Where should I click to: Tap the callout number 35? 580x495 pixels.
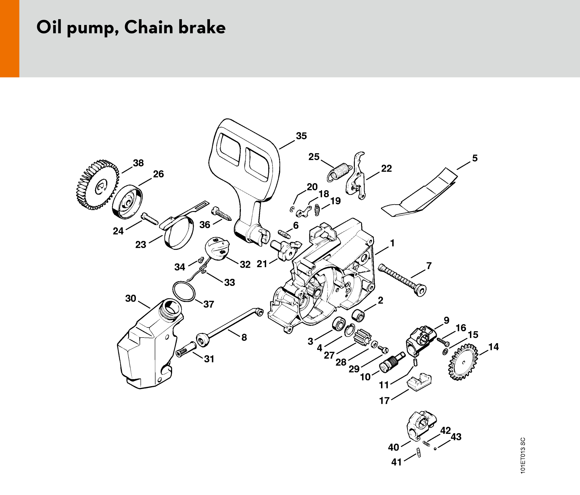pyautogui.click(x=301, y=136)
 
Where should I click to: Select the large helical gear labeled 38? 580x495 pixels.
pyautogui.click(x=97, y=185)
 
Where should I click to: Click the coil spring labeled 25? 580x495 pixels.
pyautogui.click(x=339, y=172)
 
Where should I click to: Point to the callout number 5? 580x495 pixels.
pyautogui.click(x=475, y=158)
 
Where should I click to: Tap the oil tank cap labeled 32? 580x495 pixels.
pyautogui.click(x=217, y=249)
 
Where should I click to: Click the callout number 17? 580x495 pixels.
pyautogui.click(x=384, y=401)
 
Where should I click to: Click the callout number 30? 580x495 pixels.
pyautogui.click(x=131, y=298)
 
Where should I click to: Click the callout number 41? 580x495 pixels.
pyautogui.click(x=396, y=462)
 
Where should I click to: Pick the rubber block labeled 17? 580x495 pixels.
pyautogui.click(x=419, y=382)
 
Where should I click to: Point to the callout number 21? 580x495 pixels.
pyautogui.click(x=262, y=264)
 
